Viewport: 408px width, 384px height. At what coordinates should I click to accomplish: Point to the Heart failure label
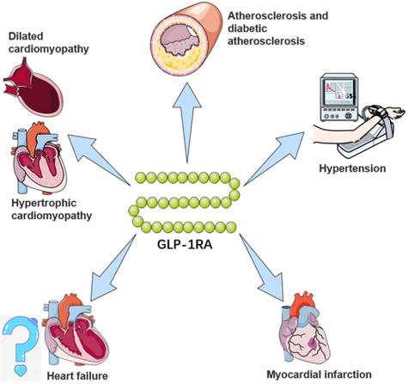[76, 375]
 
